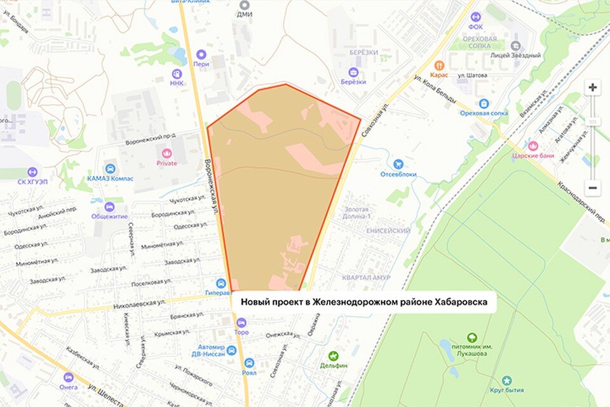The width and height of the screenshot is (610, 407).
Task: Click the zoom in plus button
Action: (592, 88)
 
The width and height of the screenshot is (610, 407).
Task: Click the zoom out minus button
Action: (592, 188)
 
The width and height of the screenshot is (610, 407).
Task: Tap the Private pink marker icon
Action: (166, 153)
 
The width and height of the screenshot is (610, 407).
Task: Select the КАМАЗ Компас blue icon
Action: (110, 169)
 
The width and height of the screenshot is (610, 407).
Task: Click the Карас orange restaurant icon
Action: (438, 65)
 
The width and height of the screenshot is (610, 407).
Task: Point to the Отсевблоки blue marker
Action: (398, 164)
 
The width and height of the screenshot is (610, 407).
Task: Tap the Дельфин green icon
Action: (333, 356)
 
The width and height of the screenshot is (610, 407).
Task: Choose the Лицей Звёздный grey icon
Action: (515, 46)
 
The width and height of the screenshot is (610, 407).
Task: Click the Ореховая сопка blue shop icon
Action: (484, 104)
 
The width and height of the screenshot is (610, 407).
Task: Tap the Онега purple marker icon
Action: (69, 376)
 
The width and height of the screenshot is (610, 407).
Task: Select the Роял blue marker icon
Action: (249, 362)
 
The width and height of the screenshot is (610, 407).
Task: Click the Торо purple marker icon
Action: (241, 322)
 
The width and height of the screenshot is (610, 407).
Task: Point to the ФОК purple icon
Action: (475, 17)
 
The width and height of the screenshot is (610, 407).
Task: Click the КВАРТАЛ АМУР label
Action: (365, 278)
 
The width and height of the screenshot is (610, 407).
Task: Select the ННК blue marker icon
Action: (176, 72)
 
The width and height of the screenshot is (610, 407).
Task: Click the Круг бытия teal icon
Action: (506, 380)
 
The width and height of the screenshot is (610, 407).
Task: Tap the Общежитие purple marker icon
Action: (109, 207)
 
